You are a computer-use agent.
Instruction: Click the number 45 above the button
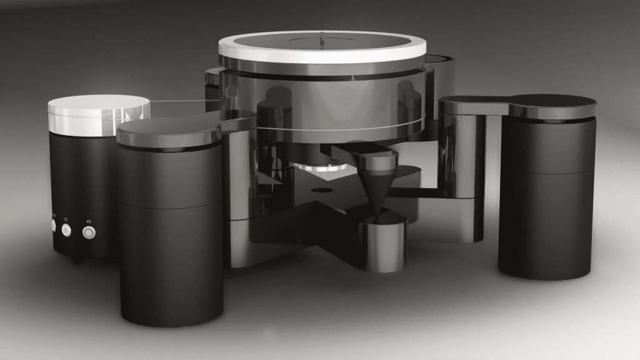click(88, 221)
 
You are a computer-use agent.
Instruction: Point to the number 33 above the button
click(66, 219)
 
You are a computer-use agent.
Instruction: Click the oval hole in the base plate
click(322, 189)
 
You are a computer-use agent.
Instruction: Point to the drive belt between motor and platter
click(181, 101)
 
